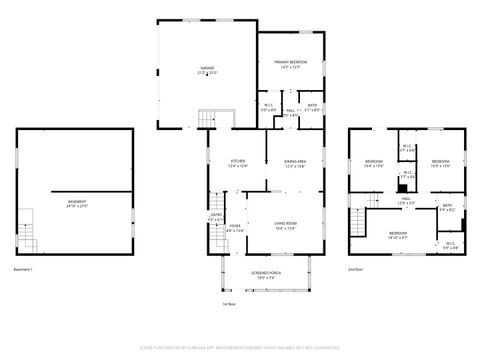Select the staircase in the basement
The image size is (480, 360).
point(27,237)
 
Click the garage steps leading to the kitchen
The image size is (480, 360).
point(208,120)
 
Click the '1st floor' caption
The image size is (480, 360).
point(230,303)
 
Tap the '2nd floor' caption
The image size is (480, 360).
point(355,269)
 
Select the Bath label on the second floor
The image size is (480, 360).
point(447,207)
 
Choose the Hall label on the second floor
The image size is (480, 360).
point(407,198)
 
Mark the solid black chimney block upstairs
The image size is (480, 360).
point(401,186)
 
